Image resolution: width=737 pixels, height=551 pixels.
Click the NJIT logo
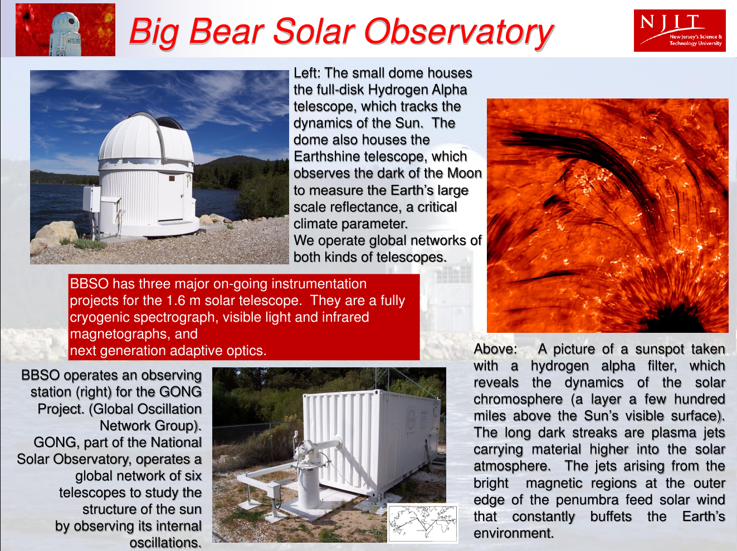pyautogui.click(x=680, y=31)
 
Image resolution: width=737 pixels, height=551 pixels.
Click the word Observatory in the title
pyautogui.click(x=458, y=32)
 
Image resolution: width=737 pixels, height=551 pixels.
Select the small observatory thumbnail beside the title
pyautogui.click(x=66, y=30)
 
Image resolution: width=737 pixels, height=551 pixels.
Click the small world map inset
pyautogui.click(x=423, y=523)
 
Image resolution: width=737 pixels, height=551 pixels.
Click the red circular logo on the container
pyautogui.click(x=411, y=419)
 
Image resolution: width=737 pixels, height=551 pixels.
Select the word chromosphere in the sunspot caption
pyautogui.click(x=518, y=400)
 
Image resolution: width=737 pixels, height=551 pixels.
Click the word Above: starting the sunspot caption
pyautogui.click(x=496, y=349)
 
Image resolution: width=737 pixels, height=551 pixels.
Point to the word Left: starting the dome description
pyautogui.click(x=308, y=73)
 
